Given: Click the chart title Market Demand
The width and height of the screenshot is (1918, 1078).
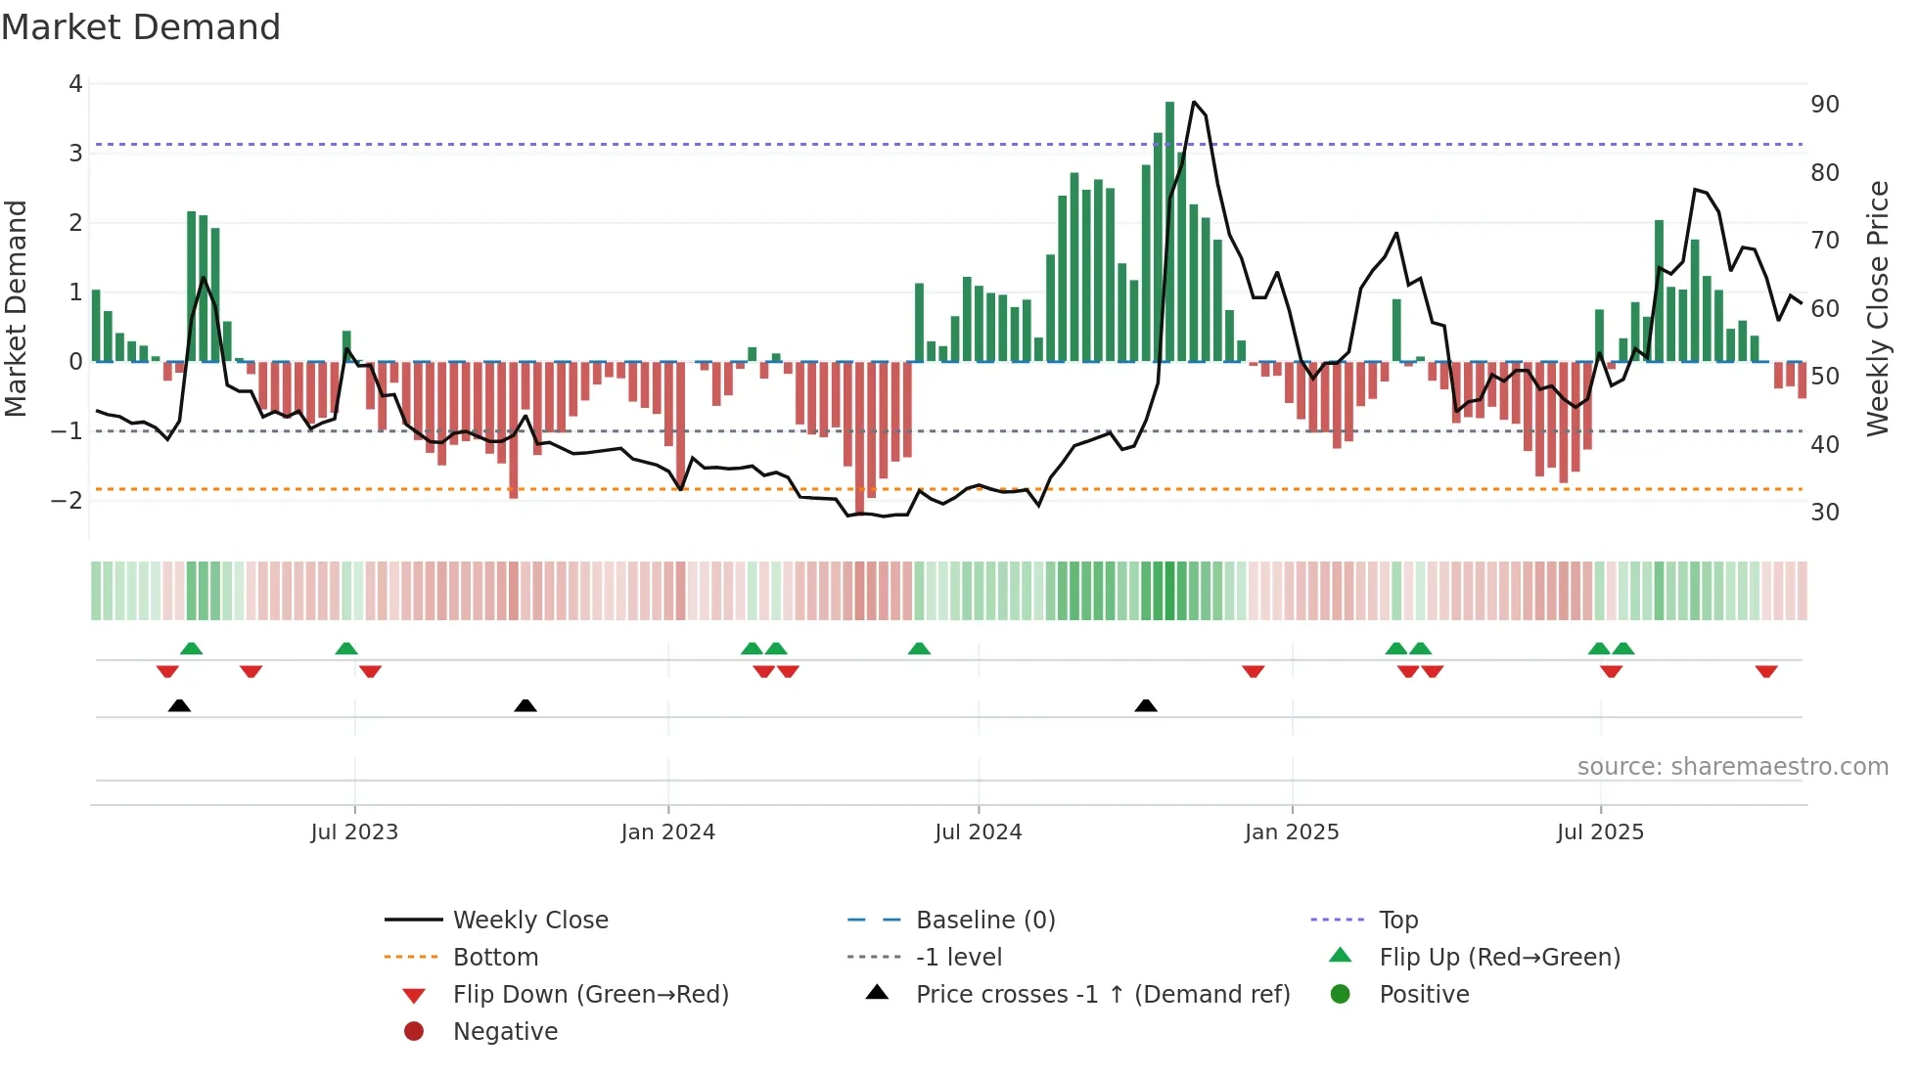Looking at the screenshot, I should [x=141, y=27].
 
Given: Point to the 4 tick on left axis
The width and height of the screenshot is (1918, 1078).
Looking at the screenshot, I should [x=75, y=84].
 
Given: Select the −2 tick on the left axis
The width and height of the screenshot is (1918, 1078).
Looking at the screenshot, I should [x=68, y=501].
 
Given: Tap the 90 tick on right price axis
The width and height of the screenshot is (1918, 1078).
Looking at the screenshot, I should [x=1824, y=105].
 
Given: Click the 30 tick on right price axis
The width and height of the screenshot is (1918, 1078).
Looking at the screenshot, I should [x=1824, y=513].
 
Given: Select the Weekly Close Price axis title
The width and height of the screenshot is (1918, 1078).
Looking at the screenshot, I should [x=1877, y=308].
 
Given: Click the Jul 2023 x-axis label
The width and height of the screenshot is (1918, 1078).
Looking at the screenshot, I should [x=354, y=832].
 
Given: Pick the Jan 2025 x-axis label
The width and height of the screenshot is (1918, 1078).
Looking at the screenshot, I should [x=1292, y=832].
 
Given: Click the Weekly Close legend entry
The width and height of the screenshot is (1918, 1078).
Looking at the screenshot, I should [x=529, y=921].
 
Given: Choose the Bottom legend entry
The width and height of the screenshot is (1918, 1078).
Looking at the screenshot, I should [x=495, y=958].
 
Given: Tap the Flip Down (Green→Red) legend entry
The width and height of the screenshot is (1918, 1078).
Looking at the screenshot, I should [x=590, y=995].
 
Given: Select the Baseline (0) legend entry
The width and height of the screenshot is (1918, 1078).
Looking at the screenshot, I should [x=984, y=921].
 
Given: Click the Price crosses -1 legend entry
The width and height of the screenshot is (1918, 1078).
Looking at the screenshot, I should [x=1102, y=995].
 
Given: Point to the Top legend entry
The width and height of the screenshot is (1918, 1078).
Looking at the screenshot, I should [x=1397, y=921].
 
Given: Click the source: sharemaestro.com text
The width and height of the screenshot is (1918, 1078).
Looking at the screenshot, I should [x=1732, y=767].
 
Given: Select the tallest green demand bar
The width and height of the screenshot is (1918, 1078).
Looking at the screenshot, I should [x=1169, y=231].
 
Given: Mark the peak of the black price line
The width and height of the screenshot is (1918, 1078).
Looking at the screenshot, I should [x=1194, y=102].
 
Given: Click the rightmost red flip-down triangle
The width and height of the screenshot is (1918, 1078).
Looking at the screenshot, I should [x=1766, y=671].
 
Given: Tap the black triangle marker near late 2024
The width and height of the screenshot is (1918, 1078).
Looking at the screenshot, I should [x=1146, y=705].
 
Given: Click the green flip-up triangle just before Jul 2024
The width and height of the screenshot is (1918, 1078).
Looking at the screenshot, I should [x=919, y=649].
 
